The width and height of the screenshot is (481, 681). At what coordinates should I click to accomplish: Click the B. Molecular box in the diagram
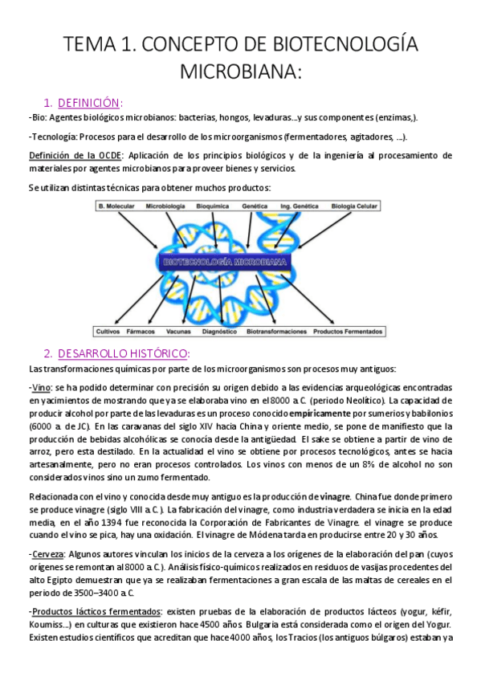(x=115, y=206)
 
